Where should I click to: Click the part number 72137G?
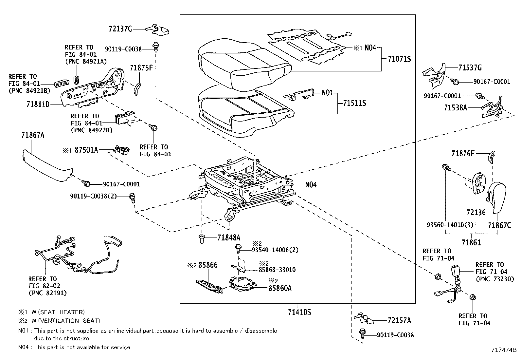120,29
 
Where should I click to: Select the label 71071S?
399,59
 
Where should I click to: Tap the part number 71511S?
354,103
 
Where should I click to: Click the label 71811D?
38,104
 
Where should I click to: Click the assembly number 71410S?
299,313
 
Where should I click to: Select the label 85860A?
280,288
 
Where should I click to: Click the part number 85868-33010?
277,270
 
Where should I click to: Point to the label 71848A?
229,238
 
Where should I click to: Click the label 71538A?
456,107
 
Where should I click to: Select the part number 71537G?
470,68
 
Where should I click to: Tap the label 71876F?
463,153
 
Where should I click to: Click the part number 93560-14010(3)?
445,225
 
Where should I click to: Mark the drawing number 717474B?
503,350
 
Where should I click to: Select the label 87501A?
86,150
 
